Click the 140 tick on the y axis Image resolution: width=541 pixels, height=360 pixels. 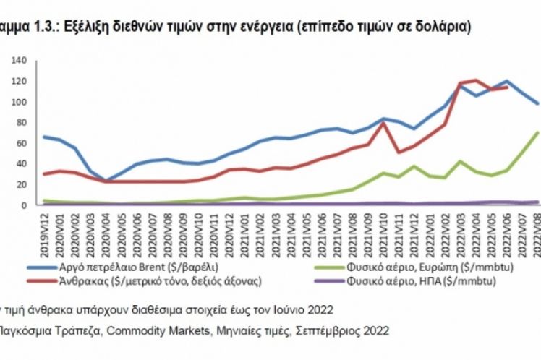(18, 61)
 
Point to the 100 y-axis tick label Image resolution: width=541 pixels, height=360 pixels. (18, 102)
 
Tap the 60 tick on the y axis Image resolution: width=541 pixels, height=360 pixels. (20, 143)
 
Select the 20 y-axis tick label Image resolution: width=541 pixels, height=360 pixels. (20, 184)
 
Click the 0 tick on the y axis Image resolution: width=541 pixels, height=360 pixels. (23, 205)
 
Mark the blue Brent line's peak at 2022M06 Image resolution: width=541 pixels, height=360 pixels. (505, 81)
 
